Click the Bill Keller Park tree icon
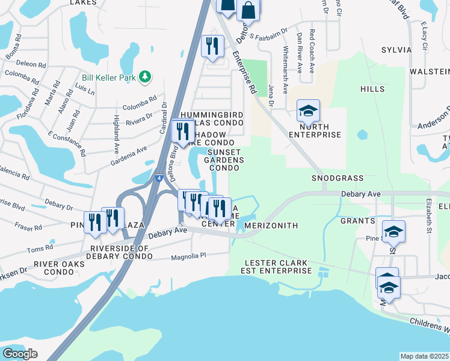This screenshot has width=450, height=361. point(144,76)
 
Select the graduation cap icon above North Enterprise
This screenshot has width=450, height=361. point(308,111)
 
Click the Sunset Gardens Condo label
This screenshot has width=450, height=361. point(226,160)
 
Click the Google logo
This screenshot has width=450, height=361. point(20,353)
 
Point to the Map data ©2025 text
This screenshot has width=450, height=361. point(424,356)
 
